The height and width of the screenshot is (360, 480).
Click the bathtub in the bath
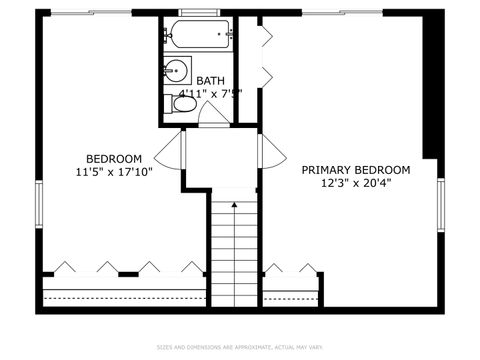point(201,34)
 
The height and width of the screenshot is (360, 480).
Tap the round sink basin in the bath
point(176,70)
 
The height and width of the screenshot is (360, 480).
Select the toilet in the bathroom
point(183,103)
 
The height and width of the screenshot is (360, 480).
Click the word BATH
point(210,81)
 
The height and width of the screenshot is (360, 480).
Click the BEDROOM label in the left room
point(113,159)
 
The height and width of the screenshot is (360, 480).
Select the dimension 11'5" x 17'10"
point(113,172)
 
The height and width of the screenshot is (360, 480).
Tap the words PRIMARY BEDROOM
point(356,170)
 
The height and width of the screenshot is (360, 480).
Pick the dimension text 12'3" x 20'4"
point(356,184)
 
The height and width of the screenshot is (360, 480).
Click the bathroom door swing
point(212,116)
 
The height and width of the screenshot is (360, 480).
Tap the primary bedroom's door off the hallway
point(265,151)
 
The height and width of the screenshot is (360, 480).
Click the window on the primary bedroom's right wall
point(440,205)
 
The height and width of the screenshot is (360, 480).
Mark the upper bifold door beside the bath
point(264,37)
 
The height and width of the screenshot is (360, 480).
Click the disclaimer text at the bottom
point(240,348)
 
